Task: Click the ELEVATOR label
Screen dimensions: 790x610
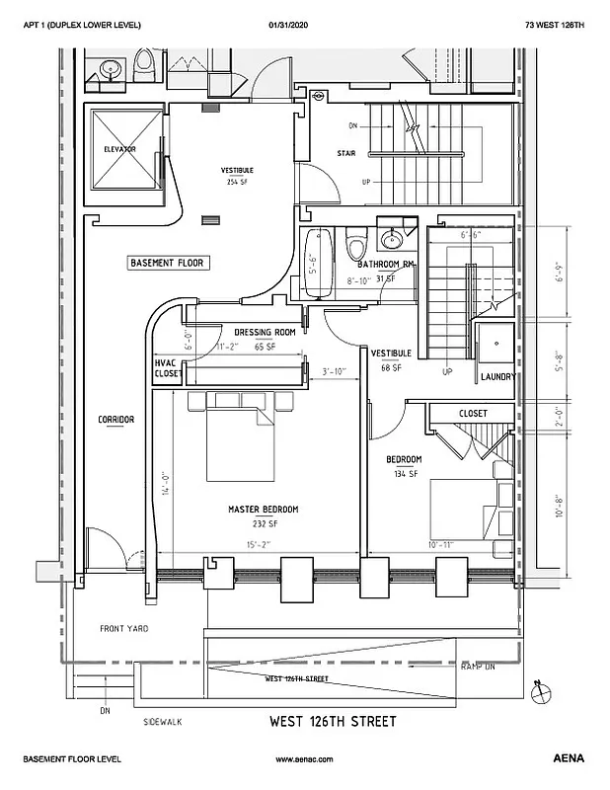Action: click(119, 149)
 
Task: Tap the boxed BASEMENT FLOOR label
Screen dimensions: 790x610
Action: click(165, 264)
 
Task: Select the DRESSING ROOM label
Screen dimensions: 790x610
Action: click(265, 333)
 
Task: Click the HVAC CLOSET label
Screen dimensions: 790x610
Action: click(166, 368)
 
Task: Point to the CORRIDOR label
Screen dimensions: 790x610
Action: click(115, 419)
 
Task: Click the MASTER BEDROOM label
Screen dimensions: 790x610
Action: click(263, 510)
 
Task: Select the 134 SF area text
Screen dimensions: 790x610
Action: click(404, 474)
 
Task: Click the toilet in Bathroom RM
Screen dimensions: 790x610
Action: click(356, 241)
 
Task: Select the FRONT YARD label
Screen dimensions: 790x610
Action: click(123, 629)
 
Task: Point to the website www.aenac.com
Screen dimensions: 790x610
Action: click(305, 758)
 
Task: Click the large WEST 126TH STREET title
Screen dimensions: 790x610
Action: click(333, 722)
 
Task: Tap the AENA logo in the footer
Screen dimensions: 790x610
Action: click(569, 758)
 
